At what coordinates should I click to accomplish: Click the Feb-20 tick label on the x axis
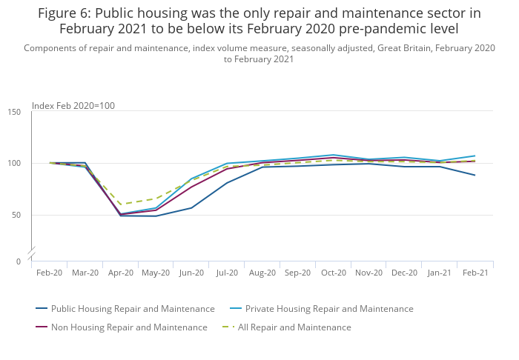(x=49, y=273)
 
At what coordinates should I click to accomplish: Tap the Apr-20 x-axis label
(x=120, y=273)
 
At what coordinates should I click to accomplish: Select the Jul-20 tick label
(x=227, y=273)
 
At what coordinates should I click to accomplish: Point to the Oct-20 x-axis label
(x=334, y=273)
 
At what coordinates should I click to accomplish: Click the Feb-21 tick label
(x=475, y=273)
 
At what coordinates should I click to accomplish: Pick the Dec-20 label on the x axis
(x=404, y=273)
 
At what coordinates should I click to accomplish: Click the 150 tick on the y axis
(x=15, y=112)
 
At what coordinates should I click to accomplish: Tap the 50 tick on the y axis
(x=17, y=215)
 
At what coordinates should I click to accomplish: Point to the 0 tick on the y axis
(x=19, y=261)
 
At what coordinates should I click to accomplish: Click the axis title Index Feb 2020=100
(x=73, y=106)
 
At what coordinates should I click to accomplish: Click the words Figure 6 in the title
(x=64, y=13)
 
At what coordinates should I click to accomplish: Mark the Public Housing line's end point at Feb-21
(x=475, y=175)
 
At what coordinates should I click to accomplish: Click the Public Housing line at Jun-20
(x=191, y=207)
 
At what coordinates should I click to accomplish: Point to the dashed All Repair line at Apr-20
(x=120, y=204)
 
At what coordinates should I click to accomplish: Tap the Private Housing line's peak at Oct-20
(x=334, y=155)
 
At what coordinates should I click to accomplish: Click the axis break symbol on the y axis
(x=31, y=253)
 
